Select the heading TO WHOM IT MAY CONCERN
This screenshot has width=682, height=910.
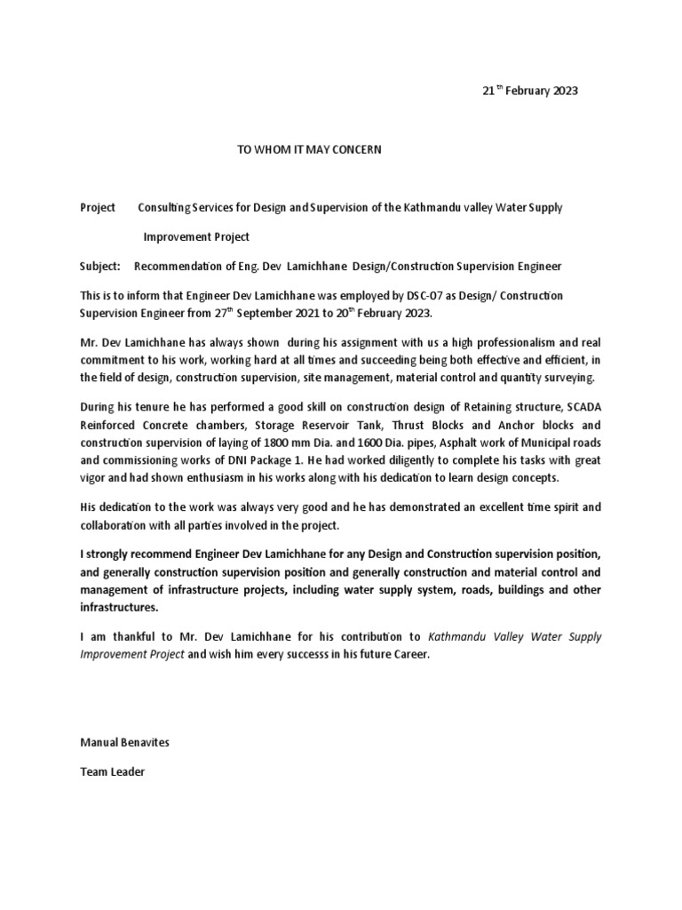point(308,150)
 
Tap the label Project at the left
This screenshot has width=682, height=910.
point(98,208)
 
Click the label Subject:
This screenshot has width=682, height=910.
point(102,267)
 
